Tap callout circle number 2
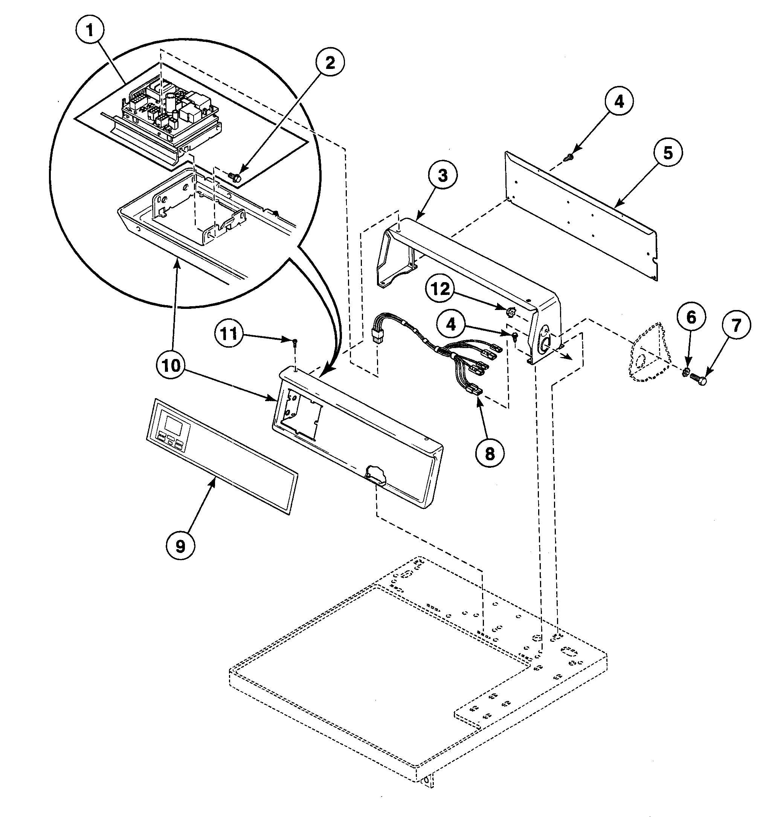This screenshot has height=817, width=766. (x=330, y=63)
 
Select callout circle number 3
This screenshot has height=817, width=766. (x=442, y=176)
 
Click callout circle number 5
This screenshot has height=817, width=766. (x=668, y=153)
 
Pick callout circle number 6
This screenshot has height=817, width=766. (x=691, y=317)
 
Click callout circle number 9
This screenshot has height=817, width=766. (x=180, y=545)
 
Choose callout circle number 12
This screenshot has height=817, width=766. (x=440, y=289)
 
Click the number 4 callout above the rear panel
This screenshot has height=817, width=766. (x=618, y=101)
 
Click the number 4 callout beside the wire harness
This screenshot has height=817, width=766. (x=451, y=325)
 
